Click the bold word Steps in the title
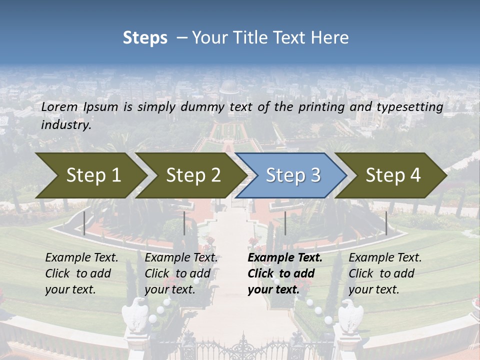(x=145, y=38)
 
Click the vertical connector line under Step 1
(x=84, y=223)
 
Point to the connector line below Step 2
(x=184, y=223)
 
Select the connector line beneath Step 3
(x=285, y=223)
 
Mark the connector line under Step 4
(x=386, y=223)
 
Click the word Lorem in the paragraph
(x=59, y=107)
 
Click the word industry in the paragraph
(x=66, y=125)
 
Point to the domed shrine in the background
(x=229, y=87)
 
